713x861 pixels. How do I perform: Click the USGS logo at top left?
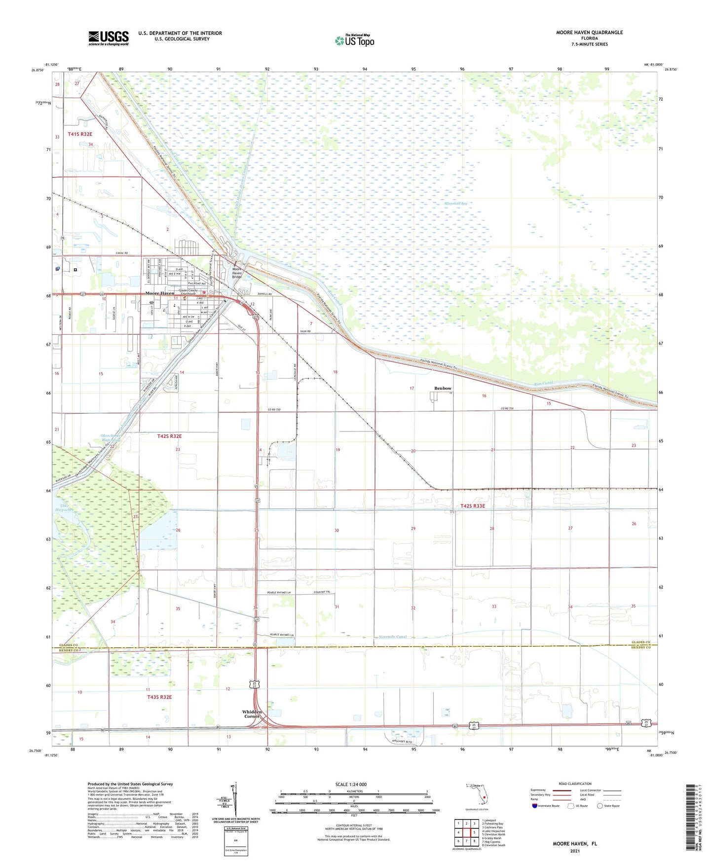(109, 38)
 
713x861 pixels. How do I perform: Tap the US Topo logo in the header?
(355, 40)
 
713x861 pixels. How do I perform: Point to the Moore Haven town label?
(159, 293)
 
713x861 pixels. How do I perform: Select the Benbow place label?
(443, 389)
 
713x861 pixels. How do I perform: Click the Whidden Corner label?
(252, 714)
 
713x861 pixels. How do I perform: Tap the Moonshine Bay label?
(455, 203)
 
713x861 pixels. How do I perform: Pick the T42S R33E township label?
(473, 506)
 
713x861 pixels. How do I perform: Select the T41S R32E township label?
(80, 134)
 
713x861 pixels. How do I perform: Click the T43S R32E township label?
(159, 697)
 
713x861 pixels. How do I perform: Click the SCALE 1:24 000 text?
(351, 785)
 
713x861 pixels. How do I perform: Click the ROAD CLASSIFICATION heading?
(575, 784)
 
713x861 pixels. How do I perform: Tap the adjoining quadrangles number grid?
(466, 833)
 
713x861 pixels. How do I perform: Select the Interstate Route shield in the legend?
(535, 806)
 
